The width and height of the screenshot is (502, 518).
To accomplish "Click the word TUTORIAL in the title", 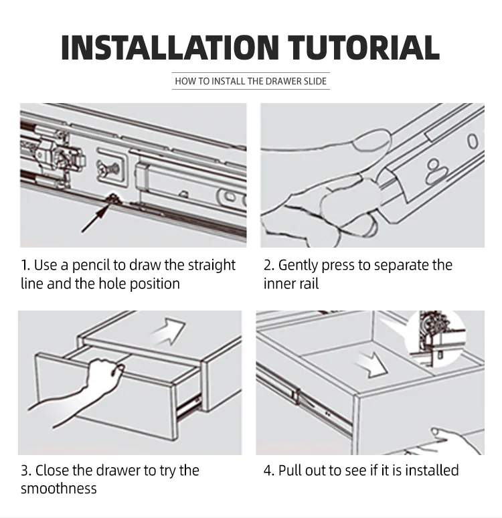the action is [x=363, y=48].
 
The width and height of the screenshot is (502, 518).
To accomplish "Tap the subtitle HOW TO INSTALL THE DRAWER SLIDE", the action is [x=250, y=81].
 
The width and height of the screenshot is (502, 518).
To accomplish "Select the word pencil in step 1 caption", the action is [x=90, y=266].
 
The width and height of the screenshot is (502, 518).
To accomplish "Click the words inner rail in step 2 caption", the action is [x=290, y=284].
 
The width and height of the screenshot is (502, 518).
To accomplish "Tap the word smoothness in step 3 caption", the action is [x=58, y=489].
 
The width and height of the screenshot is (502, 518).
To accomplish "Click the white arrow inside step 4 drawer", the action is [x=371, y=364].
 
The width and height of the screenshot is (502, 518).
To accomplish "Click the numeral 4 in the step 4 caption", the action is [x=267, y=470].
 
